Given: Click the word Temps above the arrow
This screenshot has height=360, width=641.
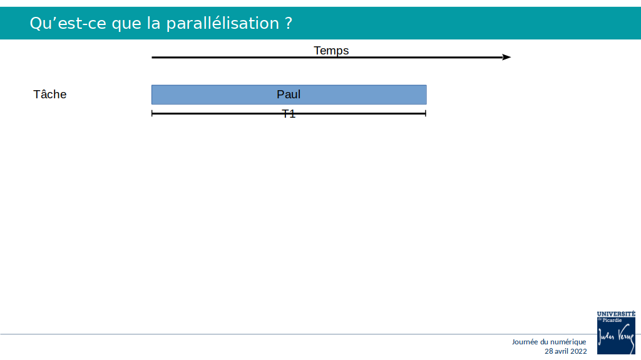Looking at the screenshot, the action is point(331,50).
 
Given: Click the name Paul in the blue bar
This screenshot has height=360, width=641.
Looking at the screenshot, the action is point(289,95).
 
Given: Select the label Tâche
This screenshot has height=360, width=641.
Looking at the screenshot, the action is point(50,94).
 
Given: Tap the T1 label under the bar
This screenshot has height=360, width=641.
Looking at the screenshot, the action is point(289,114).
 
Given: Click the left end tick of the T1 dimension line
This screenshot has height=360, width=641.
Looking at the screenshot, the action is point(151,113).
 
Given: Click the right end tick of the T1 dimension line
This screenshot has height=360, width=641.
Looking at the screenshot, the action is point(426,113).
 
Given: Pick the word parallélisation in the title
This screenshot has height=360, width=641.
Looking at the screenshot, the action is point(222,23).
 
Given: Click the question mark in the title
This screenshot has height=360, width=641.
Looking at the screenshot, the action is point(288,23).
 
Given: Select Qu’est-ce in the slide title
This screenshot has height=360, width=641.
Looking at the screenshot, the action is point(68,23).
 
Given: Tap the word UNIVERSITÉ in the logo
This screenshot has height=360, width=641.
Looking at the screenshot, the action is point(616,314).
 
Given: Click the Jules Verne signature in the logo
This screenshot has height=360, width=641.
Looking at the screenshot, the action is point(616,337).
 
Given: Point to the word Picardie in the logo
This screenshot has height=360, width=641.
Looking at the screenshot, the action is point(612,320).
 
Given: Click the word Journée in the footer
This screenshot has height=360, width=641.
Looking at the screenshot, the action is point(525,342).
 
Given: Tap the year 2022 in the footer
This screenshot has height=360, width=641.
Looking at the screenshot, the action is point(579,351).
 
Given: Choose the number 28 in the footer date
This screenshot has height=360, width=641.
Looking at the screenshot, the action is point(549,351).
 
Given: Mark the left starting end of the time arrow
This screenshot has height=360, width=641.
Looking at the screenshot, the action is point(152,57).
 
